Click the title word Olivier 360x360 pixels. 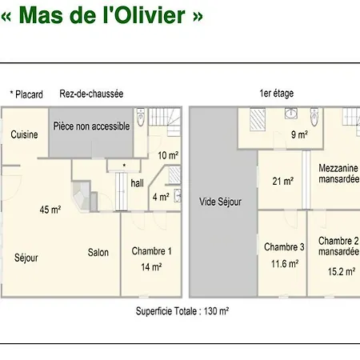pyautogui.click(x=150, y=15)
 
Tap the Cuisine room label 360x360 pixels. pyautogui.click(x=24, y=134)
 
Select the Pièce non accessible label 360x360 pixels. pyautogui.click(x=91, y=126)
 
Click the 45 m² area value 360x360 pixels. pyautogui.click(x=50, y=210)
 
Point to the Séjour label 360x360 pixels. pyautogui.click(x=26, y=258)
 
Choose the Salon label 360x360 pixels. pyautogui.click(x=98, y=252)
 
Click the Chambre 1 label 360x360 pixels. pyautogui.click(x=151, y=251)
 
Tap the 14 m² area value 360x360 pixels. pyautogui.click(x=151, y=267)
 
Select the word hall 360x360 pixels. pyautogui.click(x=137, y=183)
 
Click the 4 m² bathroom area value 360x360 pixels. pyautogui.click(x=161, y=197)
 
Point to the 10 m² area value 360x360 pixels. pyautogui.click(x=168, y=155)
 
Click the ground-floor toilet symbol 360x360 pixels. pyautogui.click(x=141, y=117)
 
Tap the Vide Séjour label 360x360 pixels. pyautogui.click(x=220, y=202)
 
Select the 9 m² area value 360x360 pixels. pyautogui.click(x=299, y=134)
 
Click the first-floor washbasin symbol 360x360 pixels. pyautogui.click(x=290, y=113)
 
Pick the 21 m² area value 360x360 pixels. pyautogui.click(x=283, y=182)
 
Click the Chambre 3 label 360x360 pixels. pyautogui.click(x=284, y=247)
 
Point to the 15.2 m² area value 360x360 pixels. pyautogui.click(x=342, y=271)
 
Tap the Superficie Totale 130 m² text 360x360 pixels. pyautogui.click(x=182, y=311)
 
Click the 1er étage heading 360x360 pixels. pyautogui.click(x=277, y=94)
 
